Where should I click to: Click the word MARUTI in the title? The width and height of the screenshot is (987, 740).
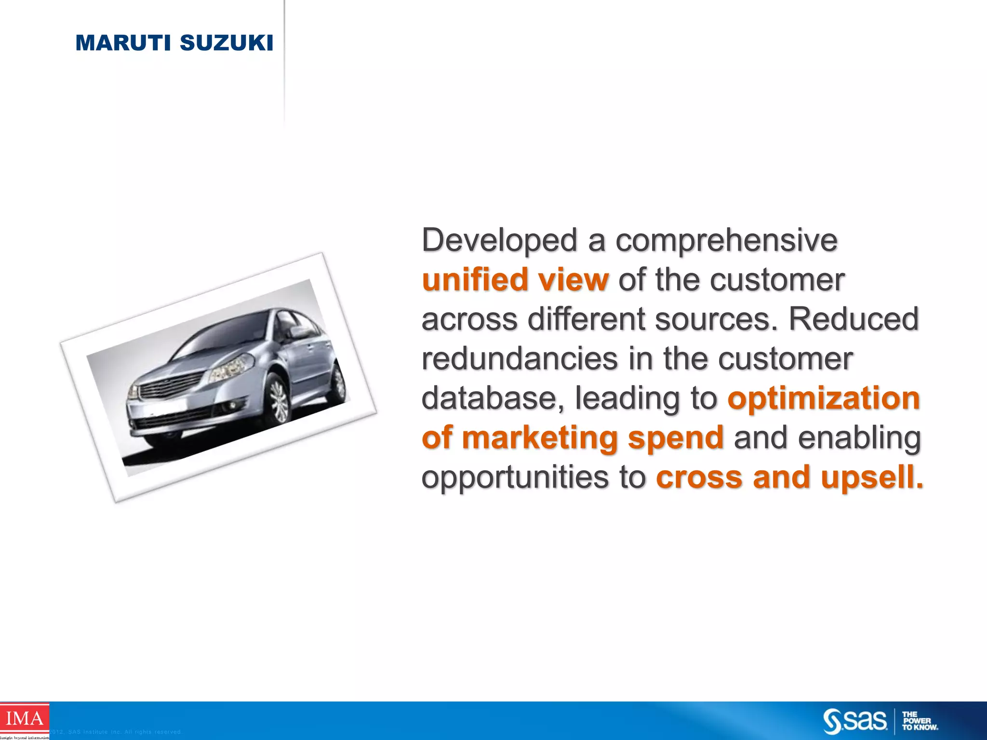coord(123,43)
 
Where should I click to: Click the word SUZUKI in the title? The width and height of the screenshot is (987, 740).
coord(226,43)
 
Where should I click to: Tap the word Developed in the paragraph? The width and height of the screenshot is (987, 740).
coord(499,241)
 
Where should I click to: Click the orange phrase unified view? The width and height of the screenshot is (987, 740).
coord(515,280)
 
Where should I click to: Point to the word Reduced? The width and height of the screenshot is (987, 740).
coord(854,319)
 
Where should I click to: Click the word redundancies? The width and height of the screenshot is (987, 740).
coord(520,359)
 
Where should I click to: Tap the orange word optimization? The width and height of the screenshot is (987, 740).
coord(824,398)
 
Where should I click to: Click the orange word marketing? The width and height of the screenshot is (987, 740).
coord(539,438)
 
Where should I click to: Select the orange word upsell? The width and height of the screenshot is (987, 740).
coord(872,477)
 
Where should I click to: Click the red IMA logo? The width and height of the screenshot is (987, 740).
coord(24,719)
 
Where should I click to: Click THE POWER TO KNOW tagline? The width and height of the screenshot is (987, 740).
coord(919,721)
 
